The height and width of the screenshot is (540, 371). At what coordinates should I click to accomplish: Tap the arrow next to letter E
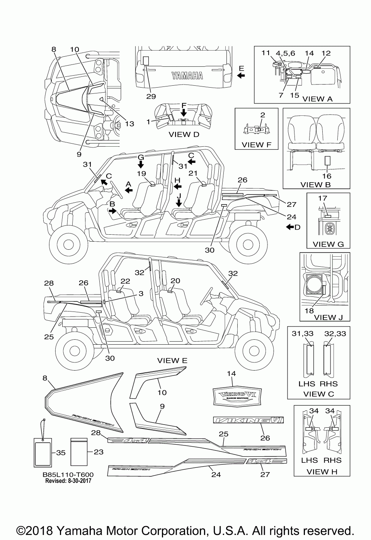[241, 76]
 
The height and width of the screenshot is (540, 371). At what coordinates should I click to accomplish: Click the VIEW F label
[256, 145]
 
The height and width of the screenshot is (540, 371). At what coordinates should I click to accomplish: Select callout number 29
[151, 96]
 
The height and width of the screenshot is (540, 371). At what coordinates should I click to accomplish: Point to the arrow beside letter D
[289, 227]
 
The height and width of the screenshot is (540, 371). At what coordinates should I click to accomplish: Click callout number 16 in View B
[327, 176]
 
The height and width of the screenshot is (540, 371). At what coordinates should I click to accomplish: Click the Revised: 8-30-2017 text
[68, 481]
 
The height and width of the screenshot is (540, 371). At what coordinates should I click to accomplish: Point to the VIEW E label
[172, 361]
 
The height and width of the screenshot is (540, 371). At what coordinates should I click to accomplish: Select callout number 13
[129, 124]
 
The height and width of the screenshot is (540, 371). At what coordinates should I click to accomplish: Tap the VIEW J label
[325, 317]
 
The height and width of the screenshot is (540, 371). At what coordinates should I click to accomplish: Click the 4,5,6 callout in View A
[285, 53]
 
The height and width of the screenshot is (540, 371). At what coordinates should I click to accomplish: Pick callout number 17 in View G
[322, 198]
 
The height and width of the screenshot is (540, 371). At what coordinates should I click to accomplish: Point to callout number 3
[141, 293]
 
